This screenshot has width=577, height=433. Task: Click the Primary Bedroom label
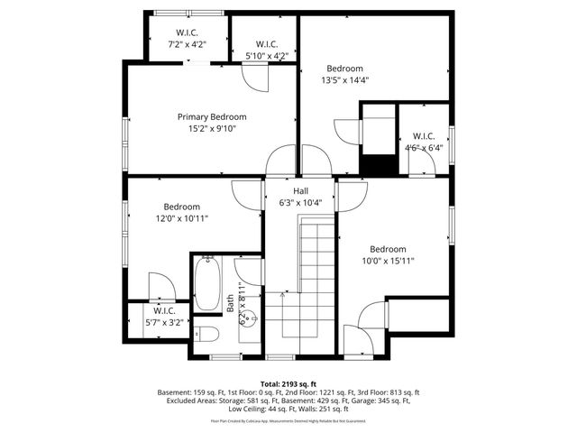[x=211, y=116]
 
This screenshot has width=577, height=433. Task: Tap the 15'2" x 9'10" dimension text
[x=211, y=128]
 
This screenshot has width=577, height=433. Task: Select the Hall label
[x=300, y=191]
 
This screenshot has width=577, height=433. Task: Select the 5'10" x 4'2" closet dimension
[x=266, y=56]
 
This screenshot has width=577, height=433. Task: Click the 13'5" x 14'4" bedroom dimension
[x=344, y=80]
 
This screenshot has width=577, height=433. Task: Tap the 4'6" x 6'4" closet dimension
[x=424, y=148]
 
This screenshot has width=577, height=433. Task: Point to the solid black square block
[x=377, y=166]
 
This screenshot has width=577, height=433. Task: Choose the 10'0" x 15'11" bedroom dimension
[x=387, y=261]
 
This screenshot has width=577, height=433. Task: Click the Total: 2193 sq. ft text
[x=288, y=383]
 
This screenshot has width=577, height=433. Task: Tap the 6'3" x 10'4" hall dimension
[x=300, y=203]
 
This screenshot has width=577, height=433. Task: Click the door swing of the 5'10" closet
[x=255, y=79]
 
